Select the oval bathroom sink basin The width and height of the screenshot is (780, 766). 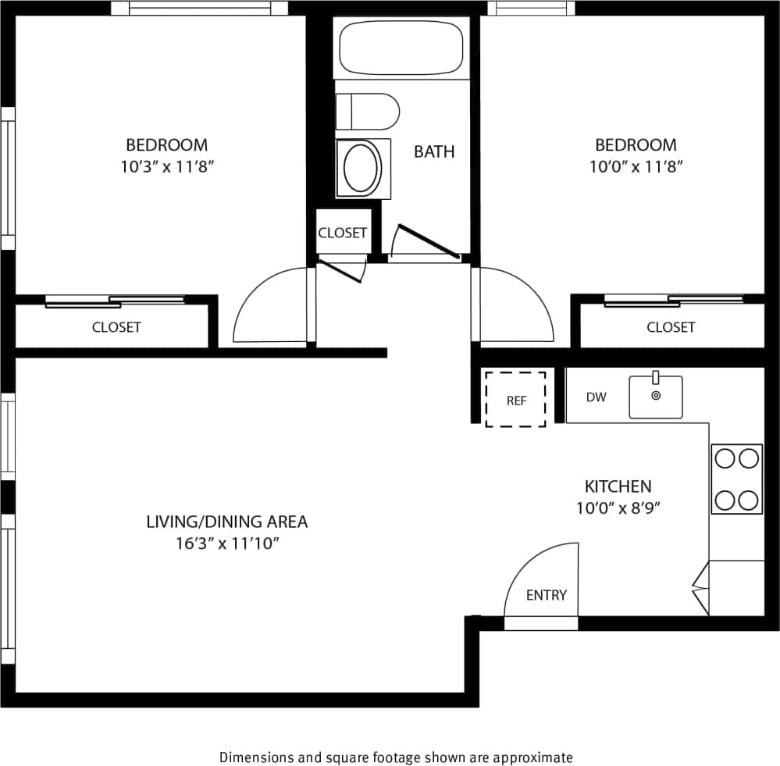362,168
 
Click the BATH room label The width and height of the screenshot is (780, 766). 434,151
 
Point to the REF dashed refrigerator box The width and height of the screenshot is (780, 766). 515,400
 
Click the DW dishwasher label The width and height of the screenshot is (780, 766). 596,397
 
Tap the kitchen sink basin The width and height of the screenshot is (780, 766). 656,397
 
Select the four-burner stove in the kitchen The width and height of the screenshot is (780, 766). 736,479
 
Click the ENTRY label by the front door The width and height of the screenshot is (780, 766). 546,595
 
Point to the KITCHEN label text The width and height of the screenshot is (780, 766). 618,486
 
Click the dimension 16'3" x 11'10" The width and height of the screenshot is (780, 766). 227,543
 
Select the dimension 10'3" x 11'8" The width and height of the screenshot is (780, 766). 167,166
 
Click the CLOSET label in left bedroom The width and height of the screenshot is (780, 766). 116,327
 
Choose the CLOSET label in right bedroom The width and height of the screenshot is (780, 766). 671,327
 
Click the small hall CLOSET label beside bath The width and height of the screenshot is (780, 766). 342,233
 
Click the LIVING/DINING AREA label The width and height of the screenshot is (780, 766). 227,521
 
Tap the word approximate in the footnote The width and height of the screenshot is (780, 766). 540,757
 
